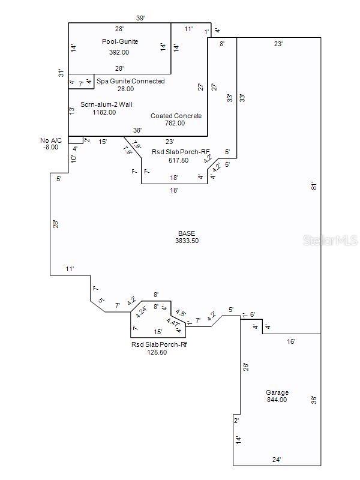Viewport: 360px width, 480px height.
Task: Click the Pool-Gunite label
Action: (119, 41)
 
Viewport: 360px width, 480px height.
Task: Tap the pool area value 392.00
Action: (119, 52)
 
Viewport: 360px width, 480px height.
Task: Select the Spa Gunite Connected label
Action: (131, 81)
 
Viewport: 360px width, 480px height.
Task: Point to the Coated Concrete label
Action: (176, 116)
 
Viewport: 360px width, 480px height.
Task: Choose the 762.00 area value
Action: (176, 124)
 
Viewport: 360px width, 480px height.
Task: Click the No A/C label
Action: (51, 140)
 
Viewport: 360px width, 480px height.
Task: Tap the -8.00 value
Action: (51, 147)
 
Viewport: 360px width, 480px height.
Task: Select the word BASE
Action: (186, 233)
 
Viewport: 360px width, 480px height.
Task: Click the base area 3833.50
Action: (186, 241)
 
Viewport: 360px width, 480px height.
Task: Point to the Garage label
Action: (277, 393)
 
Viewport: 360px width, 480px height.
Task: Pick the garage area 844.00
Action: (277, 400)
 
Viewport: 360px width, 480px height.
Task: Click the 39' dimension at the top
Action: (140, 18)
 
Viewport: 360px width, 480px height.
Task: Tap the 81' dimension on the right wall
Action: (313, 186)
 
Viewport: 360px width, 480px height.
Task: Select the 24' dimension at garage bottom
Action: (277, 460)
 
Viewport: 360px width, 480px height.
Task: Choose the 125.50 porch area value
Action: (157, 353)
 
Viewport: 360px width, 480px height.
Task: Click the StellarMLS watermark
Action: (330, 240)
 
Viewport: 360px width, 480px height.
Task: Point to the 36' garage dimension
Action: (313, 400)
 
